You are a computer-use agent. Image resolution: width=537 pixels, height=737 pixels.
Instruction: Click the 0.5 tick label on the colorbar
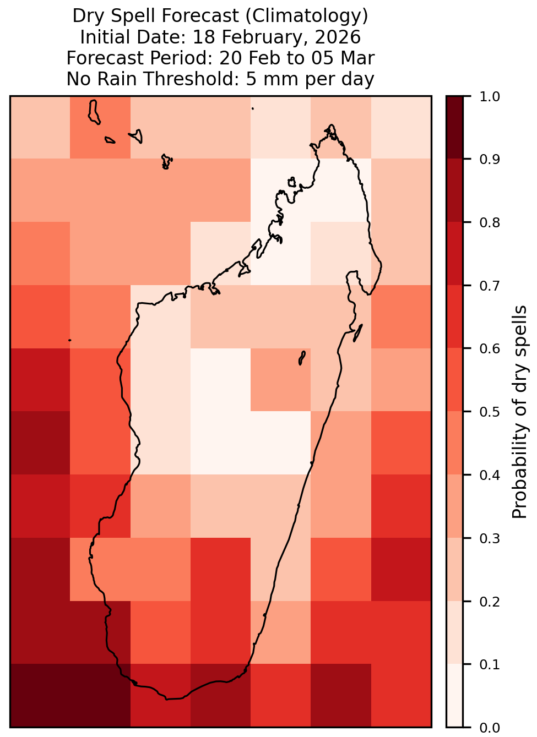pyautogui.click(x=489, y=412)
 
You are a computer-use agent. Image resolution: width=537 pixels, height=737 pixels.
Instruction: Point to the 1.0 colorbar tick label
pyautogui.click(x=489, y=97)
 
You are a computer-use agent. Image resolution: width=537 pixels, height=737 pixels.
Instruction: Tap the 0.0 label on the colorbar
pyautogui.click(x=489, y=728)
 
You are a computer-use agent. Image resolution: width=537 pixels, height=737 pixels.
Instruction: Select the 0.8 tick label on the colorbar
pyautogui.click(x=489, y=223)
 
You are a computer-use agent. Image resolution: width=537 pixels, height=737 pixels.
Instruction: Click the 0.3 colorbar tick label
pyautogui.click(x=489, y=538)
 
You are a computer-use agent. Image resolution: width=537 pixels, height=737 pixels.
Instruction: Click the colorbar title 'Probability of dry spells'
pyautogui.click(x=519, y=412)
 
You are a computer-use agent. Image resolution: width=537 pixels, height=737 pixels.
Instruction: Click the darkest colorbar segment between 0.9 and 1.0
pyautogui.click(x=454, y=128)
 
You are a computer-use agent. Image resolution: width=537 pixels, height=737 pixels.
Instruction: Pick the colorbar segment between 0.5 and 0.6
pyautogui.click(x=454, y=380)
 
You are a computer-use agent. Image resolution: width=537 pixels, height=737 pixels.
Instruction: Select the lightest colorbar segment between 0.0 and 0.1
pyautogui.click(x=454, y=696)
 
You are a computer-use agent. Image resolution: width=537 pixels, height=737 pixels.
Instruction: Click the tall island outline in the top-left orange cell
pyautogui.click(x=94, y=112)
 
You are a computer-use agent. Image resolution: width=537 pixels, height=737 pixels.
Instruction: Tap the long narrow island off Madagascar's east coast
pyautogui.click(x=358, y=333)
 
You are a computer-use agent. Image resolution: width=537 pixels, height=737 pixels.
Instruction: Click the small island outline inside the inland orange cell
pyautogui.click(x=302, y=358)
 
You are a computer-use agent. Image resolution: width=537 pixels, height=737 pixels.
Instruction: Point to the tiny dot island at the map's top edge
pyautogui.click(x=253, y=108)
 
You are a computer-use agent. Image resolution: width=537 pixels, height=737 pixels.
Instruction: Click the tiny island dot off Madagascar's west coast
pyautogui.click(x=70, y=340)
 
